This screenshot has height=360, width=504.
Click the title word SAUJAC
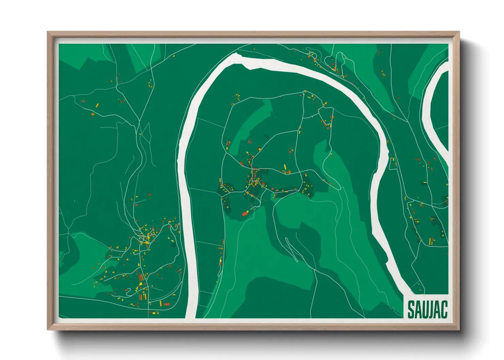point(427,309)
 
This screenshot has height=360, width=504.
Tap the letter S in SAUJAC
point(411,309)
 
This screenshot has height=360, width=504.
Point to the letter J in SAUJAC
point(430,309)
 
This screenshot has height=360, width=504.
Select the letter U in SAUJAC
point(424,309)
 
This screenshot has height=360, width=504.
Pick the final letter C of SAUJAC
point(444,309)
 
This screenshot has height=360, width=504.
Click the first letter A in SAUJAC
point(418,309)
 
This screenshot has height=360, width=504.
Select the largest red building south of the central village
point(244,214)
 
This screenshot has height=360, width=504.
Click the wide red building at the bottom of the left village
point(167,304)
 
